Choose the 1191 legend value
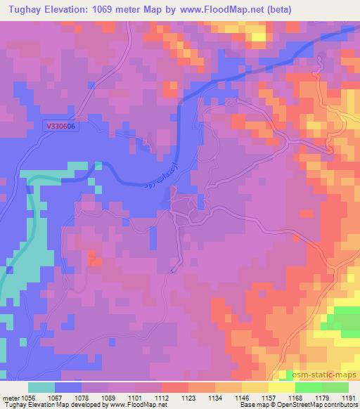(347, 396)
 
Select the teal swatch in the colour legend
(41, 387)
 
